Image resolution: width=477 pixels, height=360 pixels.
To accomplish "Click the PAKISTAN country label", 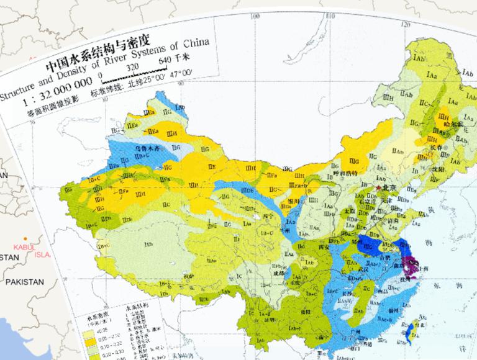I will click(25, 282).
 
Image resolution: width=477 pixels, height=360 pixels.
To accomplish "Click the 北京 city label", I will click(388, 187).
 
